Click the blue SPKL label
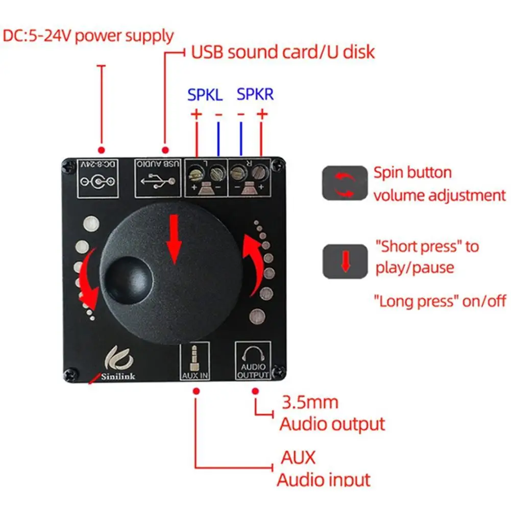(205, 95)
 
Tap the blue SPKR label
(255, 94)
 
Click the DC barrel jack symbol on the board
(98, 182)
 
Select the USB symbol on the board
(158, 180)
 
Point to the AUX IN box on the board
(194, 361)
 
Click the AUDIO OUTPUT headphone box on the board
(253, 360)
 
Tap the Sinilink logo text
(118, 376)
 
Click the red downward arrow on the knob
(175, 239)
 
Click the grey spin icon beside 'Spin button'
(345, 183)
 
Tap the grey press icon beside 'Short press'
(345, 261)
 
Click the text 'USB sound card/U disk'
(283, 52)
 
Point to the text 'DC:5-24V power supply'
(88, 36)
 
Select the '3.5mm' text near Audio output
(310, 402)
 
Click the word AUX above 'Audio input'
(298, 457)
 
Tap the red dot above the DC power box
(102, 150)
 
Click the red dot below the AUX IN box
(196, 391)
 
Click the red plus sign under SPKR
(262, 114)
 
